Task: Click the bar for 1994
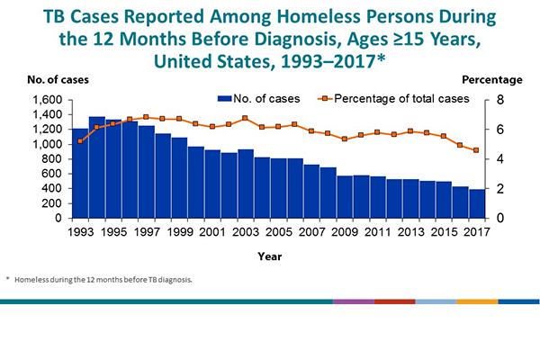click(96, 167)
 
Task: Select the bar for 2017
click(475, 203)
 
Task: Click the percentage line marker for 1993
click(80, 141)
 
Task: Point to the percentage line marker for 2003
click(245, 118)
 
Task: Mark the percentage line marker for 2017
click(475, 150)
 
